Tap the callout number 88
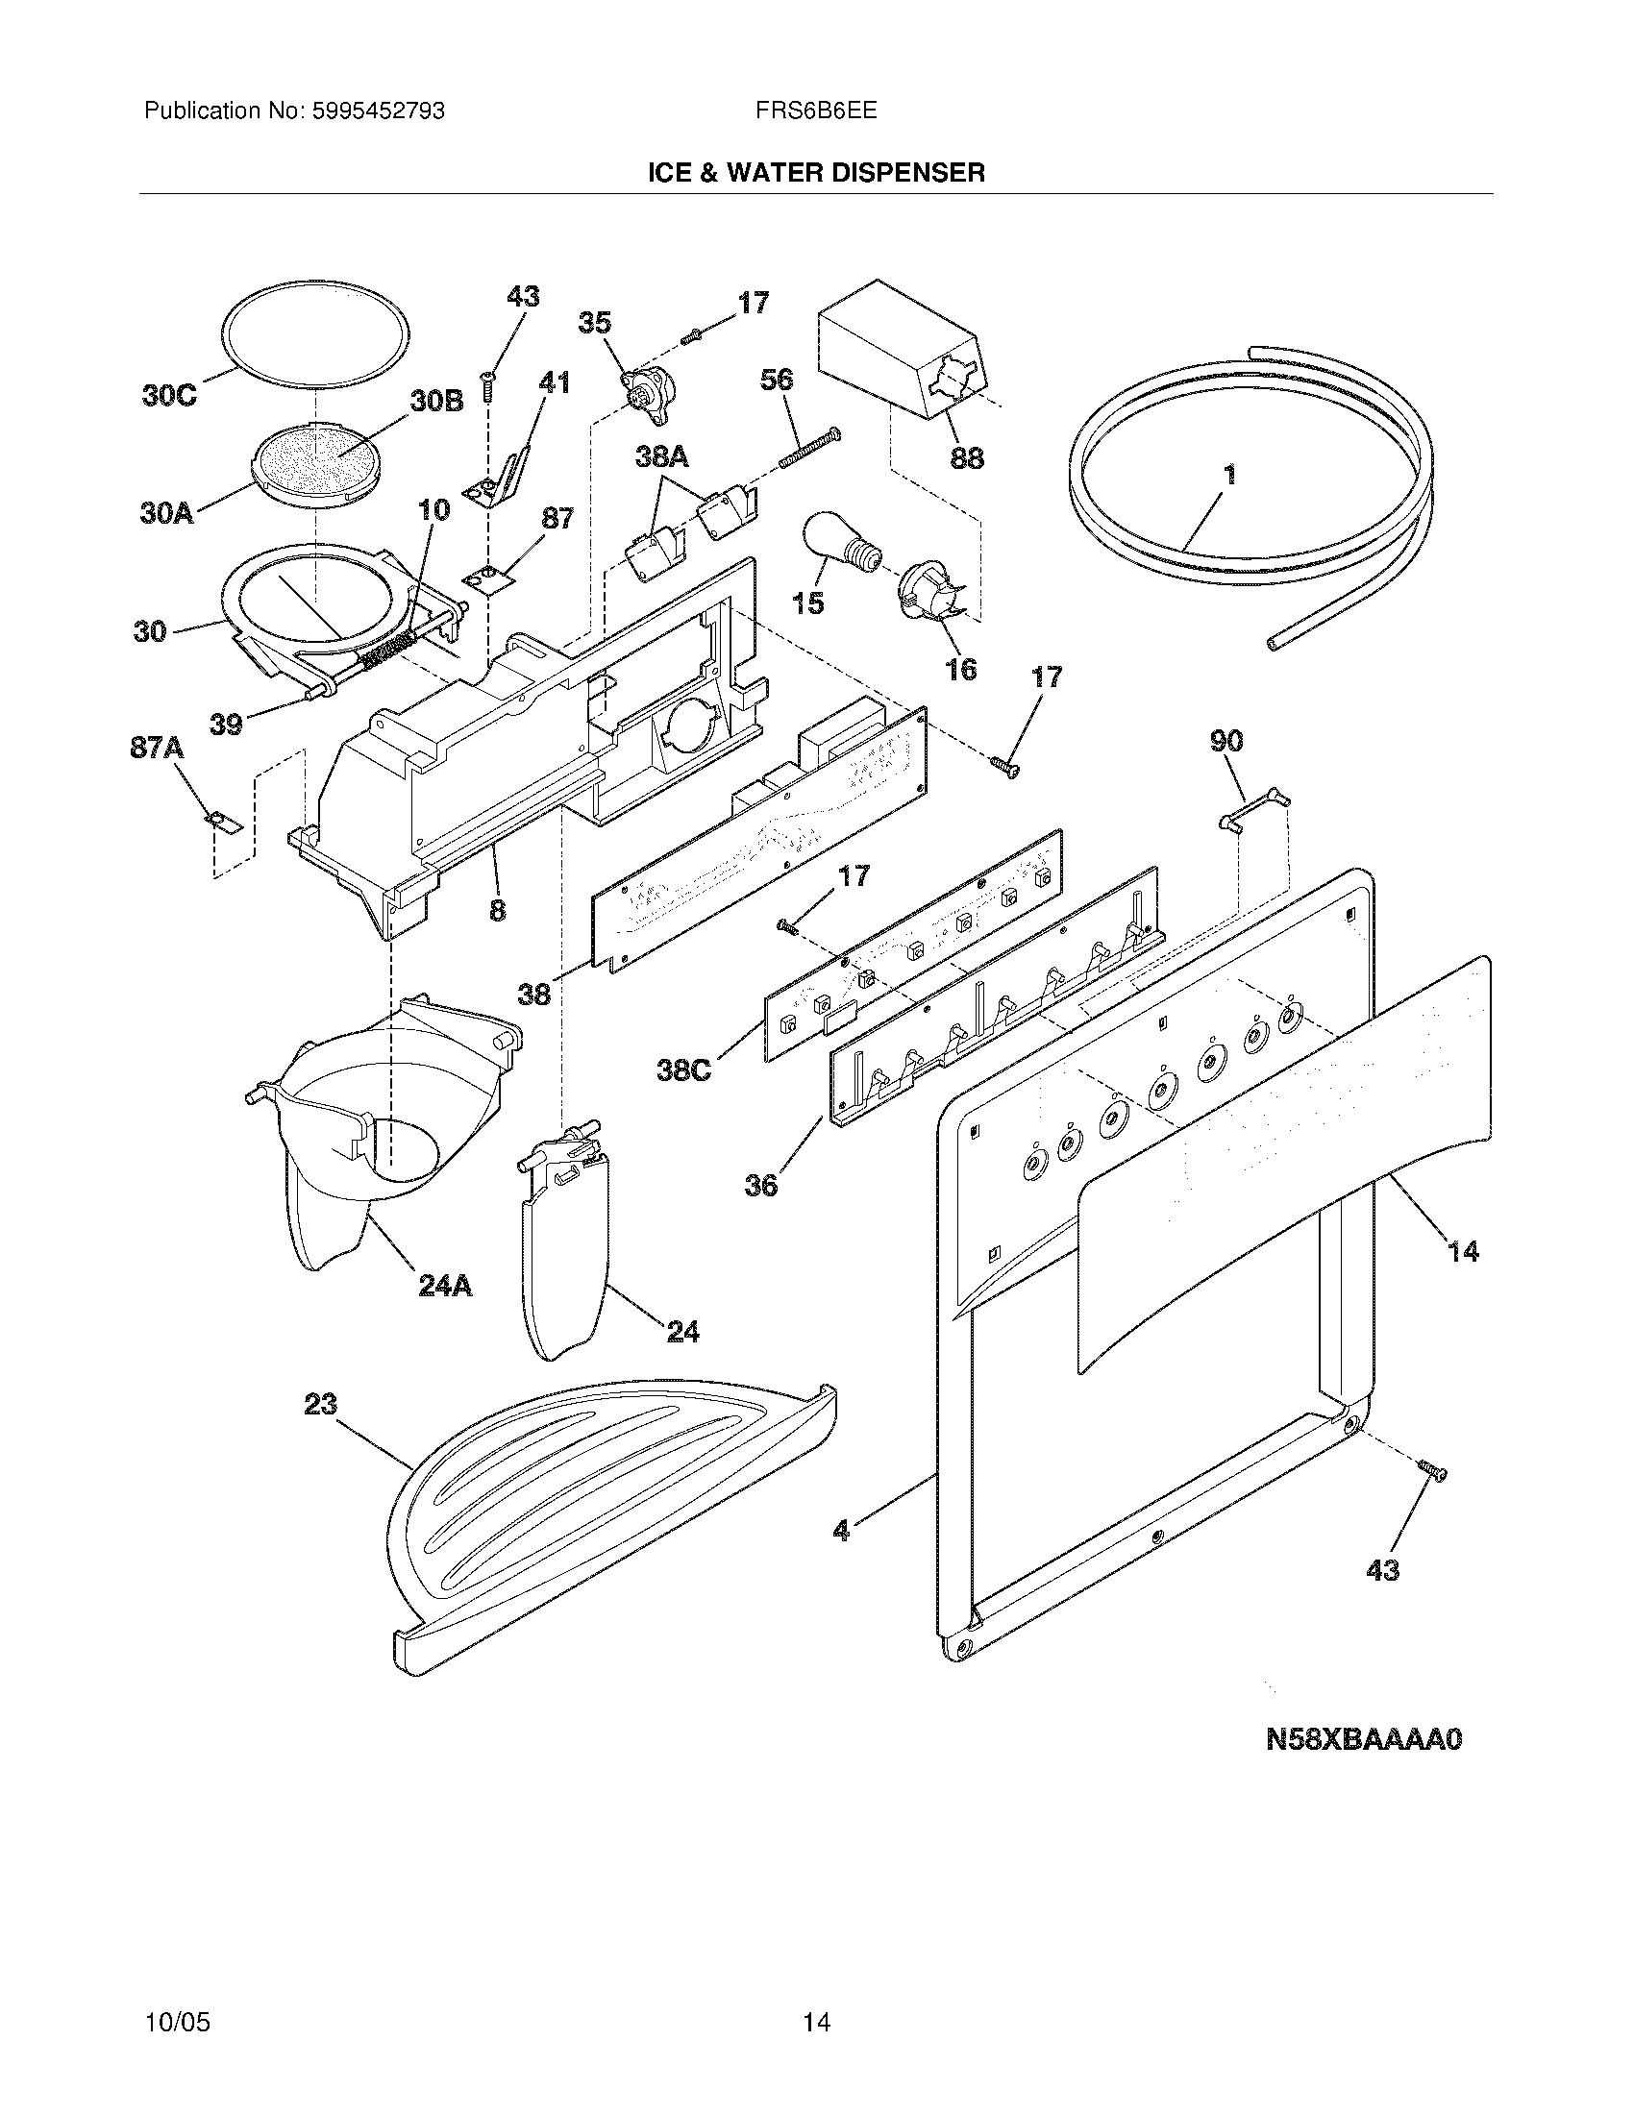967,456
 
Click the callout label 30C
169,396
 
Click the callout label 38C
683,1069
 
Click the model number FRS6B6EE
816,111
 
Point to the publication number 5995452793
378,111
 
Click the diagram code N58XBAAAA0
1363,1739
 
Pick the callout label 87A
157,749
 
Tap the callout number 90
1226,742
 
